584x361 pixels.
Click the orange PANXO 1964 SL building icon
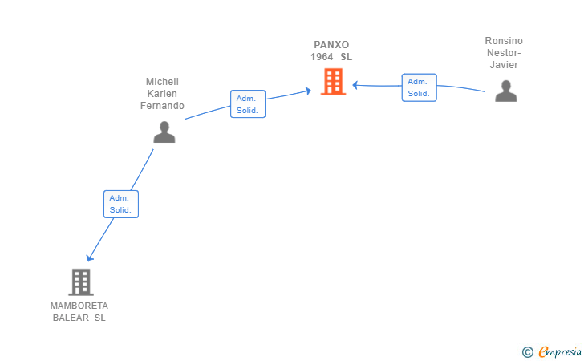[334, 82]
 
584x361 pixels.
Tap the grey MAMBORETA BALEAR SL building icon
[81, 282]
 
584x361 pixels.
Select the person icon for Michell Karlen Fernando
[164, 132]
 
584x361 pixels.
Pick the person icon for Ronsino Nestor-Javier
[505, 91]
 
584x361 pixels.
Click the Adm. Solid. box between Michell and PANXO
[248, 104]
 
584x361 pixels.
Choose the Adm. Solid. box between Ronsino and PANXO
[419, 87]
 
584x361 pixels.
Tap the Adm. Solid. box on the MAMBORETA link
[121, 204]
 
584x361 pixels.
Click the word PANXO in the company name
[331, 45]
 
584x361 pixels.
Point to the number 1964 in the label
[322, 57]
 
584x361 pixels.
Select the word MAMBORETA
[79, 306]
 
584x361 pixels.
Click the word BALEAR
[71, 318]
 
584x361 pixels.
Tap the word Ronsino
[504, 41]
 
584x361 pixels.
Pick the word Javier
[504, 65]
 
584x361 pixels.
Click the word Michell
[162, 82]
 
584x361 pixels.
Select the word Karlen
[162, 94]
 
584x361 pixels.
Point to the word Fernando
[162, 106]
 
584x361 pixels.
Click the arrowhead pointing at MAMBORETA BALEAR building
[89, 258]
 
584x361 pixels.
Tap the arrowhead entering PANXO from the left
[308, 91]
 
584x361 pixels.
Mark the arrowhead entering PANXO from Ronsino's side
[355, 85]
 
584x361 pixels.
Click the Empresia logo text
[560, 351]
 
